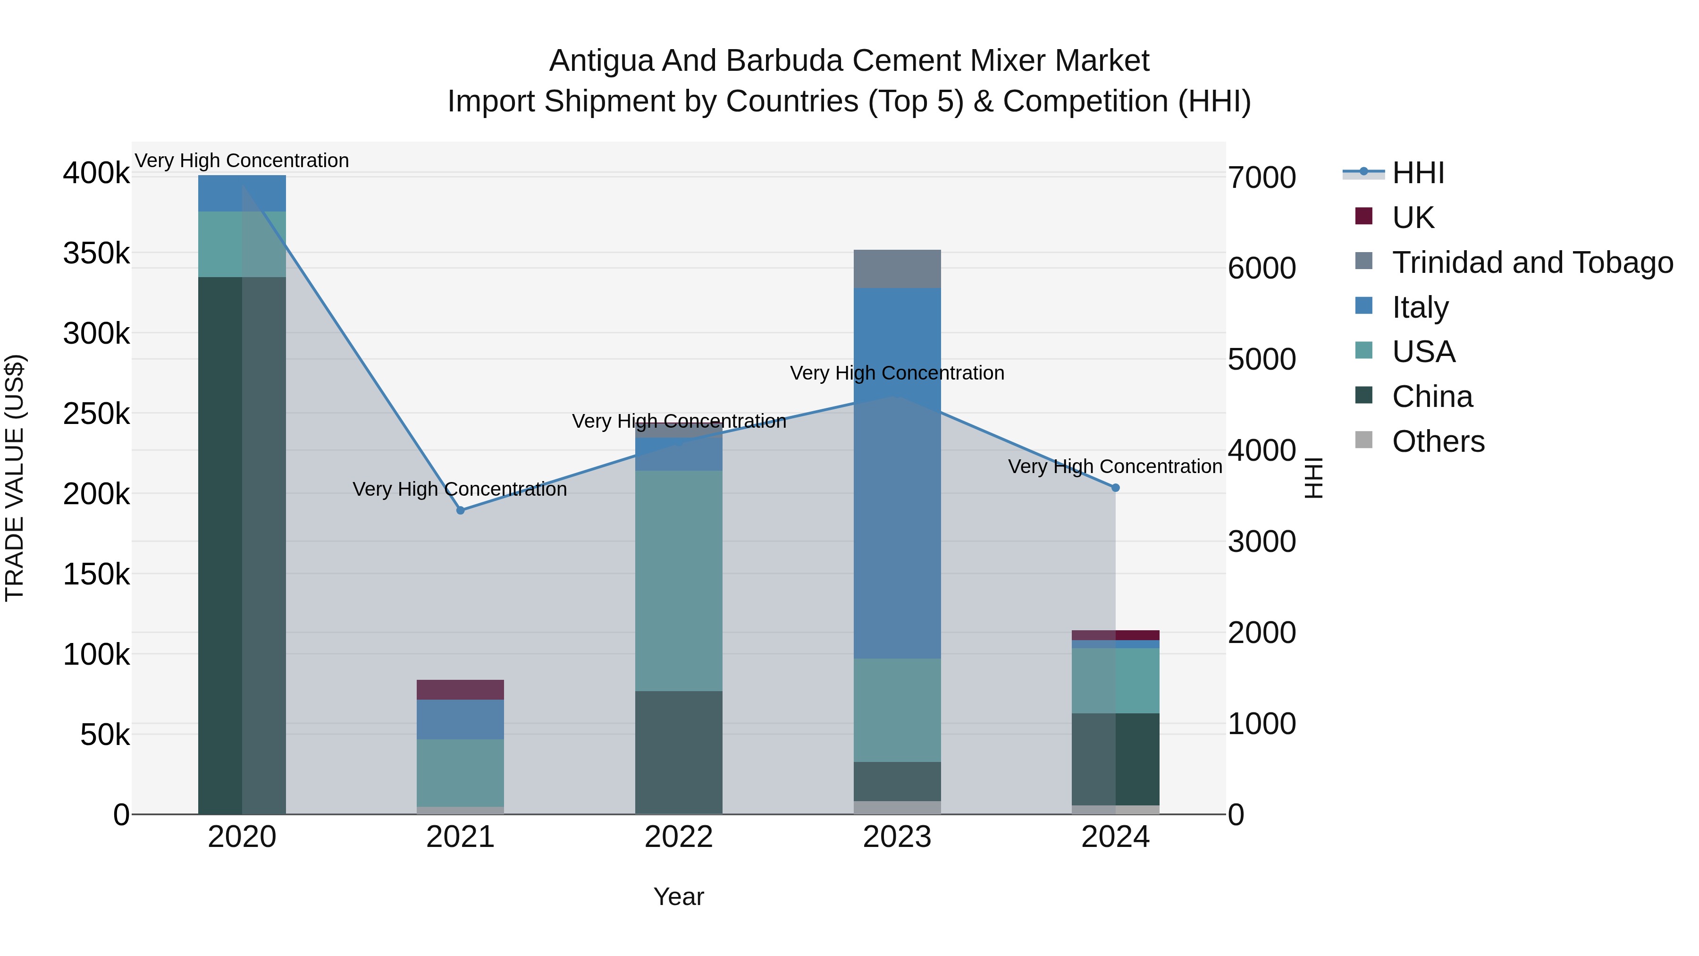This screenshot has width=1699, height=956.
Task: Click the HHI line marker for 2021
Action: tap(460, 510)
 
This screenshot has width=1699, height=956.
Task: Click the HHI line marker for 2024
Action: tap(1115, 488)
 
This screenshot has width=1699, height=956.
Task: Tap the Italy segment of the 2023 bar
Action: tap(897, 473)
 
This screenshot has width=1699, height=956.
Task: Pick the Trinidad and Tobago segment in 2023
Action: tap(897, 269)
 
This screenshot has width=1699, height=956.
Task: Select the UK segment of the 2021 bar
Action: tap(460, 689)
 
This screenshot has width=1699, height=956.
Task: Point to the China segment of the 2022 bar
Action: tap(679, 752)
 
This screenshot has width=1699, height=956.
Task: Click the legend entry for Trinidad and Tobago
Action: tap(1532, 262)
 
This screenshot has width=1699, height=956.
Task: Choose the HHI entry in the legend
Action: tap(1418, 173)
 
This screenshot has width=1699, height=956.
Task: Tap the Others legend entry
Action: tap(1438, 441)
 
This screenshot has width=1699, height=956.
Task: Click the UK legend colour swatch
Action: tap(1363, 216)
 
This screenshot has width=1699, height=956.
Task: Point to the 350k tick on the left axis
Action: tap(96, 253)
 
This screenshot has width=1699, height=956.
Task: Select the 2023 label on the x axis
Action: tap(897, 837)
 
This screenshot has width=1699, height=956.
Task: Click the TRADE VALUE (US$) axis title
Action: tap(15, 478)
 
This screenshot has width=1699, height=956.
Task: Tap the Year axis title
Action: tap(679, 897)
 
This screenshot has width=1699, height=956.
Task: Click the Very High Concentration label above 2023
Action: tap(897, 373)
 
